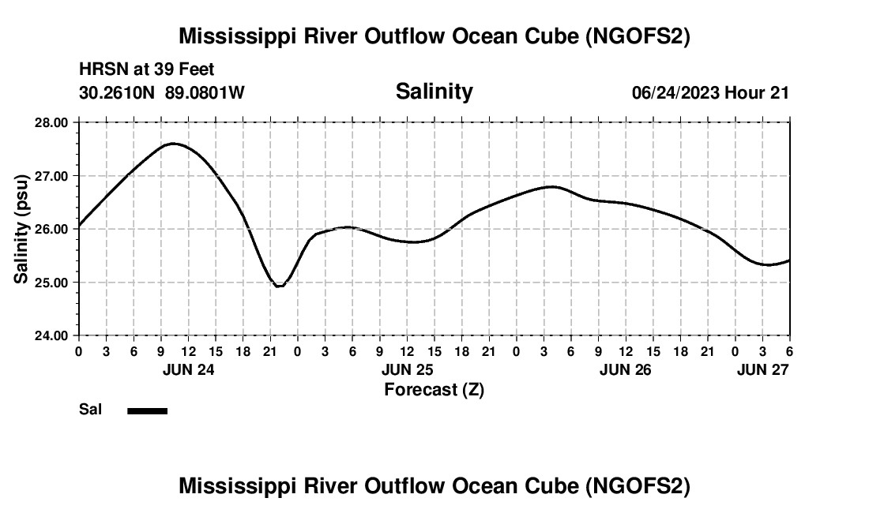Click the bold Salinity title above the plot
click(434, 92)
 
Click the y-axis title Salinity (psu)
click(21, 229)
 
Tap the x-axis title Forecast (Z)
click(434, 389)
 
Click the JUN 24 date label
click(188, 369)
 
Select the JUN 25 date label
click(407, 369)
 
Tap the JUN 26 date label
click(626, 369)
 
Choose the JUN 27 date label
click(762, 369)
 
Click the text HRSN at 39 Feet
click(146, 70)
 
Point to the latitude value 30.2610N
click(118, 92)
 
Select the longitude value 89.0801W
click(205, 92)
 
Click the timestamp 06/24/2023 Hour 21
click(710, 92)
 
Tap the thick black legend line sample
click(148, 410)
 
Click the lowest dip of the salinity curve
click(278, 286)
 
